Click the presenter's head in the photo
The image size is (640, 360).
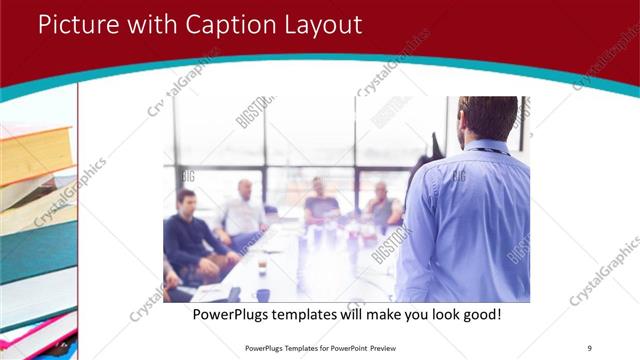(x=488, y=117)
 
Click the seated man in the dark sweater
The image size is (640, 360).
(x=187, y=235)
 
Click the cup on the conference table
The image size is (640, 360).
(x=262, y=268)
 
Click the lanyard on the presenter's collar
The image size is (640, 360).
(x=490, y=150)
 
